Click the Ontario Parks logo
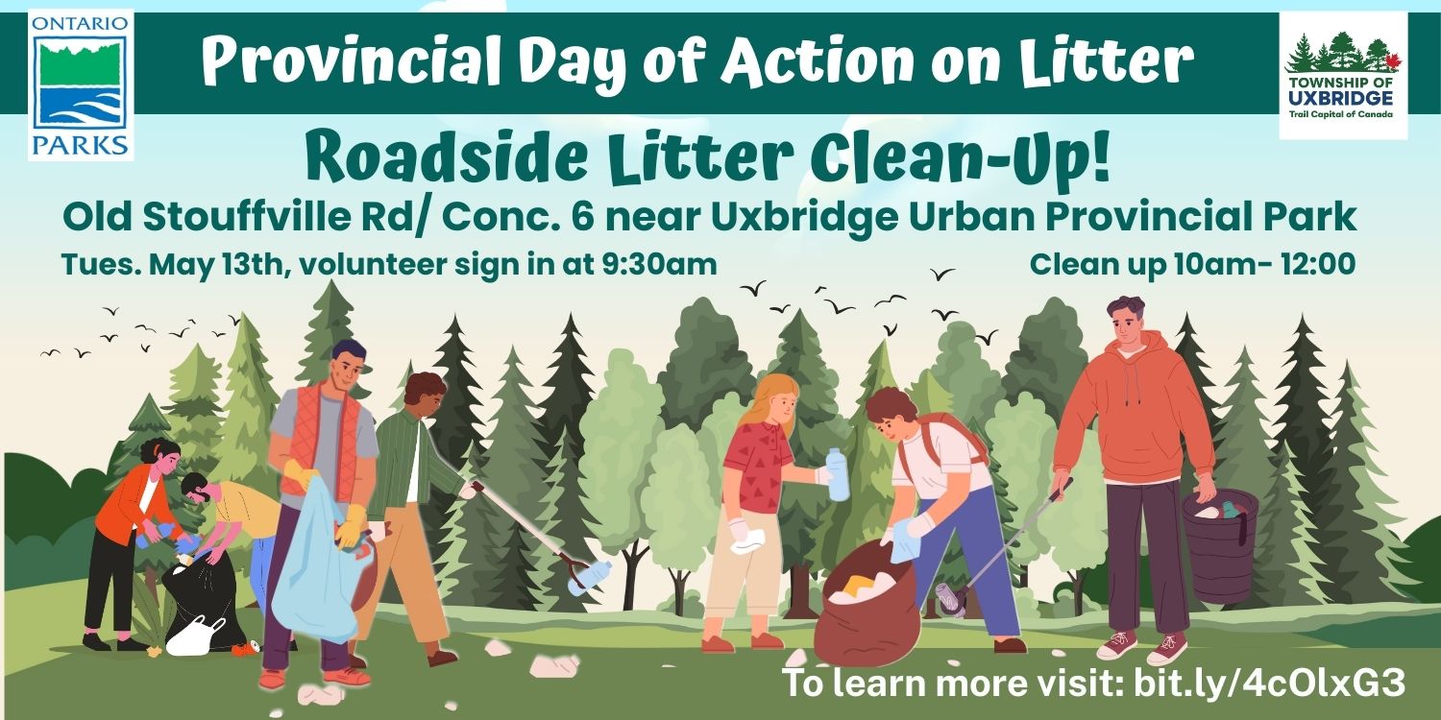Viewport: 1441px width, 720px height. [81, 85]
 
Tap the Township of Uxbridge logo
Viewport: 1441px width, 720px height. [1343, 75]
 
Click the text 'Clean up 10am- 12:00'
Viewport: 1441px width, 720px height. [1193, 264]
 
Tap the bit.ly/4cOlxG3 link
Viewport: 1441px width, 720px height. [1269, 682]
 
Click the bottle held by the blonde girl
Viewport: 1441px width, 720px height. [838, 474]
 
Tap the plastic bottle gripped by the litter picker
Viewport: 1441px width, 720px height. [590, 576]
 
